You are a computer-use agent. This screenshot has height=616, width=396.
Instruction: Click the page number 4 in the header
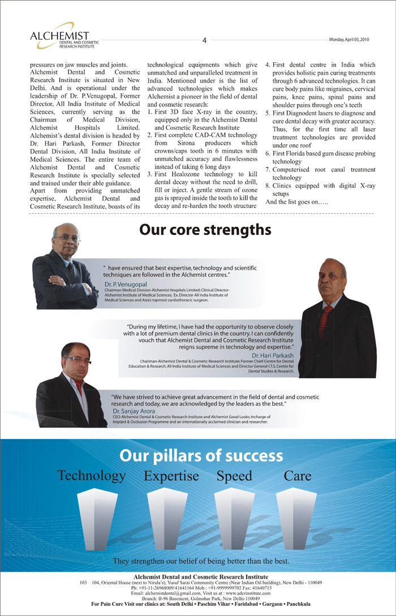pos(204,40)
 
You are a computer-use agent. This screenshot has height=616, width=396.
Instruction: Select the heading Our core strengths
pos(205,230)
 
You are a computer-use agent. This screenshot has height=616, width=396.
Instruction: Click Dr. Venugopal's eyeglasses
pos(67,239)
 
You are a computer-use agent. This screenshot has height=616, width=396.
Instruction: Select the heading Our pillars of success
pos(201,456)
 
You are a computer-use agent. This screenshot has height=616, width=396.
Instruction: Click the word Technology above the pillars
pos(91,476)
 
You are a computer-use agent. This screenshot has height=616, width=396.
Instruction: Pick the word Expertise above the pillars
pos(171,476)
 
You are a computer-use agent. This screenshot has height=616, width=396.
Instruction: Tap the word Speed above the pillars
pos(234,476)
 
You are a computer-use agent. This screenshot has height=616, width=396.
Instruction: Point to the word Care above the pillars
pos(298,476)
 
